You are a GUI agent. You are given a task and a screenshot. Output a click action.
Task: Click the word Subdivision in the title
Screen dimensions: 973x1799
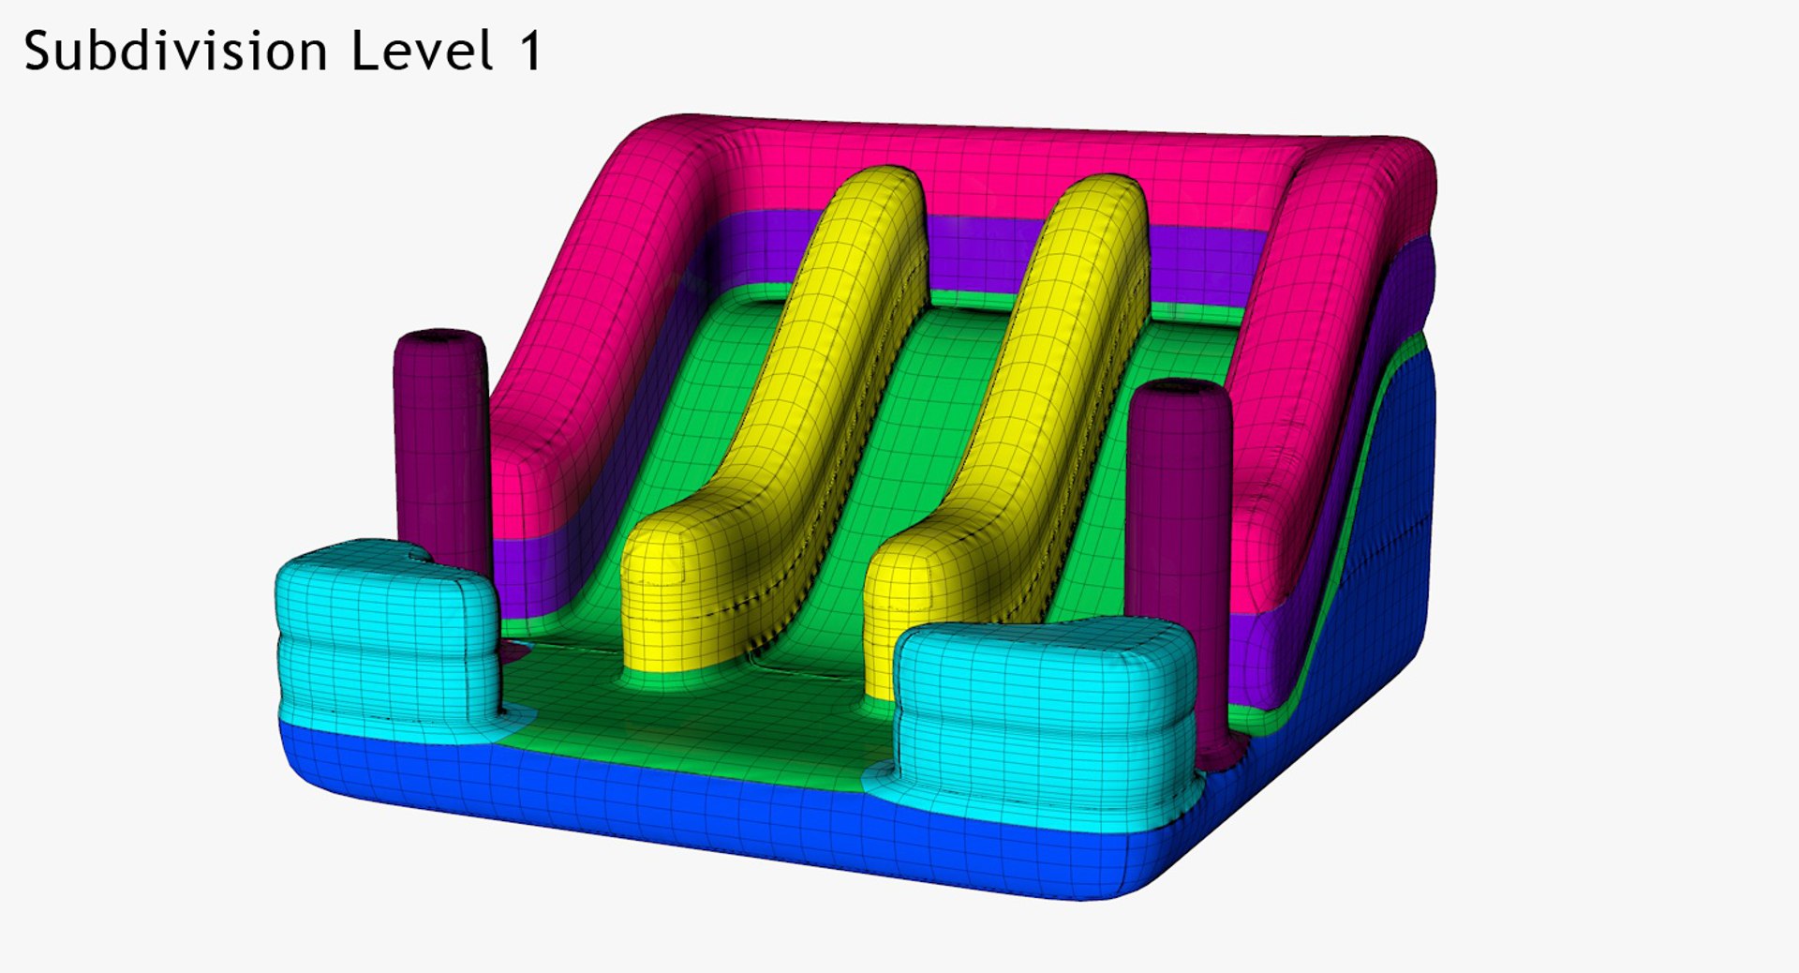tap(175, 51)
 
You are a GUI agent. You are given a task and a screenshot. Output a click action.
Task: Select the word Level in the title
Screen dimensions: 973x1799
tap(422, 51)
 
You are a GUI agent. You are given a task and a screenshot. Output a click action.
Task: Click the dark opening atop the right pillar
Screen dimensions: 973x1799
tap(1178, 385)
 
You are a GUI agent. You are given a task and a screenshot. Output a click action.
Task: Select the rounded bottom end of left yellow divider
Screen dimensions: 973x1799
tap(670, 600)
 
